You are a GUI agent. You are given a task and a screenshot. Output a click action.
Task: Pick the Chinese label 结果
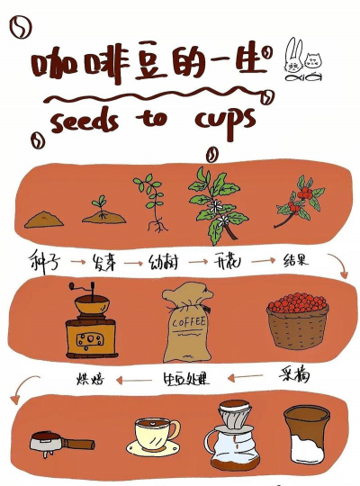point(297,261)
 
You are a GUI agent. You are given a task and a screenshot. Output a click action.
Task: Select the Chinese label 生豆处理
point(186,379)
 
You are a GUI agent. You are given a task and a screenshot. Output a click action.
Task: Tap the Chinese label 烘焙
point(88,376)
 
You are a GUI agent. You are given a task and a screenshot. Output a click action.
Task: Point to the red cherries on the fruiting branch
point(305,193)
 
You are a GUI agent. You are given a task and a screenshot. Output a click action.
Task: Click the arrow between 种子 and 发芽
point(73,263)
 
